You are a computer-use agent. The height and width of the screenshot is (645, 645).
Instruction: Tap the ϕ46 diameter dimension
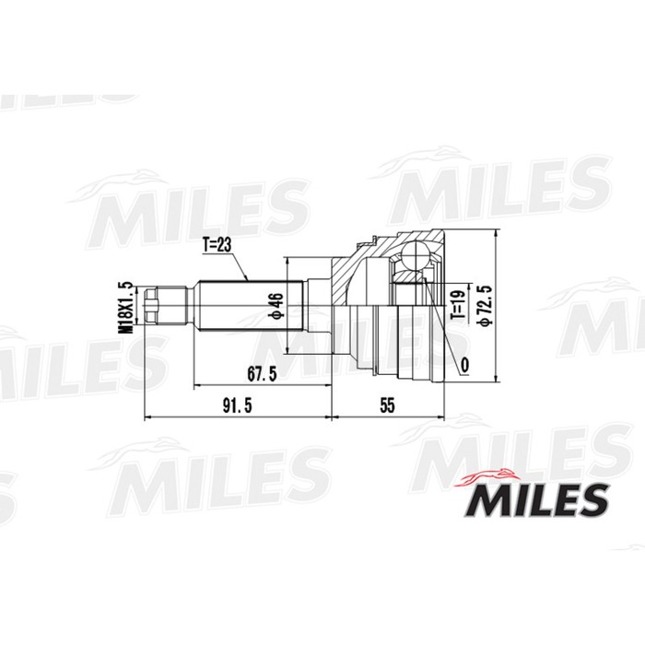point(274,306)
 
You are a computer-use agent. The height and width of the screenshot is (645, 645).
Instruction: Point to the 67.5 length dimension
point(262,373)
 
